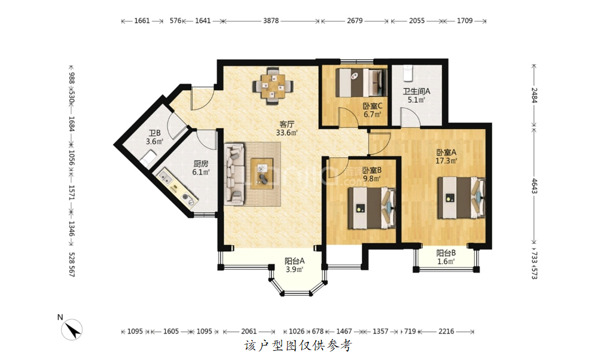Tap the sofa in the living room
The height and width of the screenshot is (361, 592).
click(234, 174)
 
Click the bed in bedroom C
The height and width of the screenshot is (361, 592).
click(361, 82)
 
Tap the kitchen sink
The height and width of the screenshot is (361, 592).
click(166, 176)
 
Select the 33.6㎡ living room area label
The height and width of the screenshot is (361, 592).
click(286, 133)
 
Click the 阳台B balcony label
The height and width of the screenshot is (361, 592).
click(446, 253)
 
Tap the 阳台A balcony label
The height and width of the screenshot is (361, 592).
click(294, 261)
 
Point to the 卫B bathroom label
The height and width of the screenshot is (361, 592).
click(154, 133)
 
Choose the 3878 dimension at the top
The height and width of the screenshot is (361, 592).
click(271, 21)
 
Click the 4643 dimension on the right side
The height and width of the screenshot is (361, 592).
click(534, 186)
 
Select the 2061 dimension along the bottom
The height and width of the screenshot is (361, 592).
click(249, 332)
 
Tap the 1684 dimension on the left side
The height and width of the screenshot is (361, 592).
click(72, 124)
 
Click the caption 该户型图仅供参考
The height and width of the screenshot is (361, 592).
click(298, 345)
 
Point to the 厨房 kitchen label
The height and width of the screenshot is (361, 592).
click(201, 164)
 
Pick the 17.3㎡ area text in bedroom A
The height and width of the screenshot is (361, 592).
click(447, 161)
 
